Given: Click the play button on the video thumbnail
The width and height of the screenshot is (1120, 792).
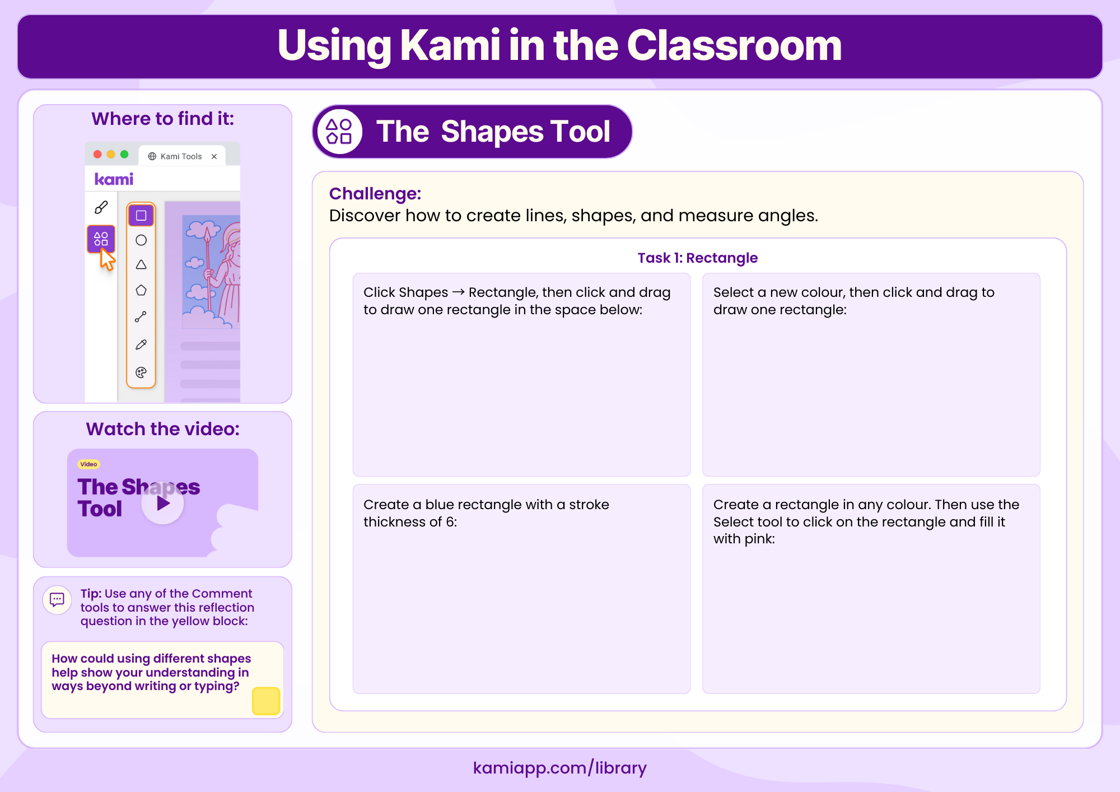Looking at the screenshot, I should (162, 504).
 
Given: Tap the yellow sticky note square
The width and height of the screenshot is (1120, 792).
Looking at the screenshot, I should (266, 701).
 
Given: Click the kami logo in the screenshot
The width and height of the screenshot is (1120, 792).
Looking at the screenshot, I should (114, 179).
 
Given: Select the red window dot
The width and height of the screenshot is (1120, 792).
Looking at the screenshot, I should (97, 155).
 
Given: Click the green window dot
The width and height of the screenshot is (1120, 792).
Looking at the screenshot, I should (124, 155).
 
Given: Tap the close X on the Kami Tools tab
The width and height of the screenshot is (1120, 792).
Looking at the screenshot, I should (214, 157).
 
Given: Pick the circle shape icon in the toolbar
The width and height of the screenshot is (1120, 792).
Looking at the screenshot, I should (141, 240).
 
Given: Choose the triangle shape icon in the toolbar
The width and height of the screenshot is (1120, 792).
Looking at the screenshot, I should (141, 265).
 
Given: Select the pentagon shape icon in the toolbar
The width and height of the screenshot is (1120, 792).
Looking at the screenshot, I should (141, 290).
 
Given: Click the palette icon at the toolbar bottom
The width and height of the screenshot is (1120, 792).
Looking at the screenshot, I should (141, 372).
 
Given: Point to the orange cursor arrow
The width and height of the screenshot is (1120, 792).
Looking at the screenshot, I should (106, 260).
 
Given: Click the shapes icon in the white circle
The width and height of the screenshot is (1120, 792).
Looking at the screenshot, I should (339, 132).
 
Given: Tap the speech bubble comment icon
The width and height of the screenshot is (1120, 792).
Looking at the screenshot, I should (57, 600).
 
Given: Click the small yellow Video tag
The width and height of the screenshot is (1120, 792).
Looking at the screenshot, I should (88, 464).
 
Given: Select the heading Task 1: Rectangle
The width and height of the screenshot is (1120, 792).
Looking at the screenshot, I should (697, 258).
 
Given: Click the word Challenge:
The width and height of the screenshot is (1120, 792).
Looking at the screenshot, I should (375, 194).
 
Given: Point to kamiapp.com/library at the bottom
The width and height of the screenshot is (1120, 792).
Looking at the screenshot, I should (559, 767).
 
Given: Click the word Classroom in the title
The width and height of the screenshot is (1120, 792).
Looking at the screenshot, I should (734, 46).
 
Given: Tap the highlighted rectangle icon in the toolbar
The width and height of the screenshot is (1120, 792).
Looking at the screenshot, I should (141, 216).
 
